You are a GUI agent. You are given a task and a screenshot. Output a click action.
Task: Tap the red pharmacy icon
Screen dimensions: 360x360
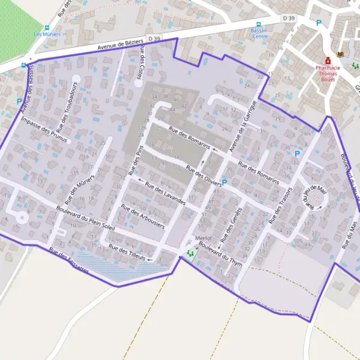[x=328, y=61]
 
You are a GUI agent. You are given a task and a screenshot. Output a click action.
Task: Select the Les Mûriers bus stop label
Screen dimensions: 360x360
[x=47, y=34]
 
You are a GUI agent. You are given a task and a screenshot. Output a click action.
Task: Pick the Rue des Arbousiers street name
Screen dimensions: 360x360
[x=143, y=215]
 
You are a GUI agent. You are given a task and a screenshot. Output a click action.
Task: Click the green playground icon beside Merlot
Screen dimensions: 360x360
[x=191, y=254]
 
